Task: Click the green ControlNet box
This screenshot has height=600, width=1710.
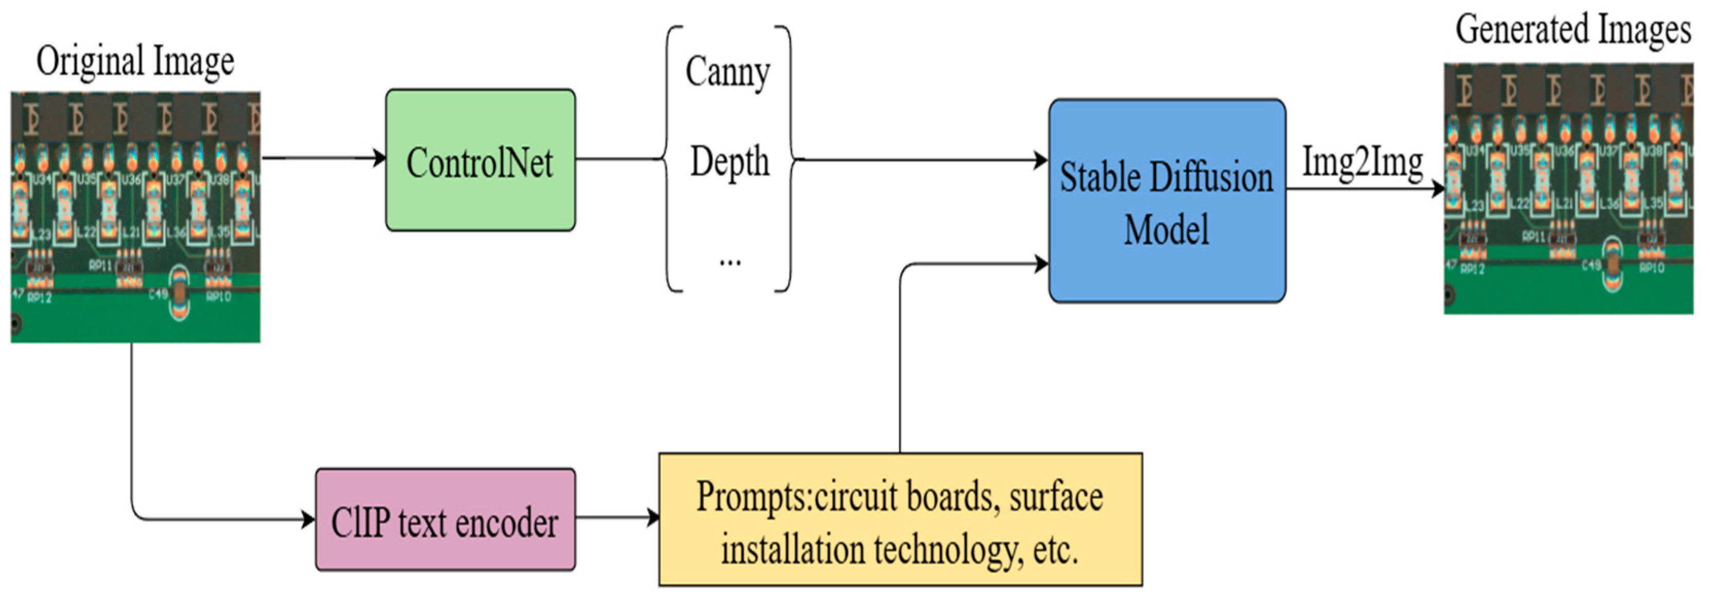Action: click(x=480, y=160)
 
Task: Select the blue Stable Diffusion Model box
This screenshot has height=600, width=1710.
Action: click(x=1166, y=201)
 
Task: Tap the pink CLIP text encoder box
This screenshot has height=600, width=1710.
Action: click(x=445, y=520)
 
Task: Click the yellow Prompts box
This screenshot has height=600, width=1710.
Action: click(x=900, y=520)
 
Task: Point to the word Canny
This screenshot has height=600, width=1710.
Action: click(x=728, y=71)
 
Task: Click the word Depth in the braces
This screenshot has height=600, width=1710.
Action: click(x=729, y=162)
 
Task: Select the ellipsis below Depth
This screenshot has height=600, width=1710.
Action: click(x=729, y=261)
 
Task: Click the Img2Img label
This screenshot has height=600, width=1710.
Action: click(x=1362, y=162)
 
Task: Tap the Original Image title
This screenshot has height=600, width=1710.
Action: click(x=135, y=61)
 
